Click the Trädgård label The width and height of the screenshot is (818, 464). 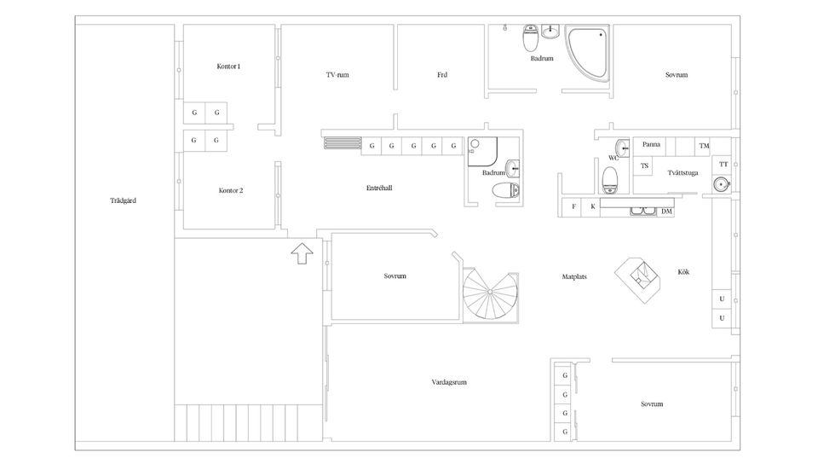(123, 200)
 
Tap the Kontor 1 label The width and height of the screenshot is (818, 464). (228, 67)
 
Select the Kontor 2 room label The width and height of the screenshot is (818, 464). (231, 190)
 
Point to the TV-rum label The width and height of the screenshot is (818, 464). (337, 75)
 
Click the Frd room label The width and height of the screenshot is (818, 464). (442, 75)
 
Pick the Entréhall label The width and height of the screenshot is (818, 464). (379, 188)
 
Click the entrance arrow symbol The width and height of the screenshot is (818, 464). (302, 253)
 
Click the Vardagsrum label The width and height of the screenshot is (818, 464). (449, 382)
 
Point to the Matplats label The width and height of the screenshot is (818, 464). (574, 276)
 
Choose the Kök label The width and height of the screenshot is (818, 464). (683, 272)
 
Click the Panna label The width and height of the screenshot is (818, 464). (651, 145)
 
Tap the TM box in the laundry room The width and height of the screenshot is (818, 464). (705, 146)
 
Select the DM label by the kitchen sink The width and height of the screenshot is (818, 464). (666, 212)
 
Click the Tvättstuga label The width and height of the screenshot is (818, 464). (683, 173)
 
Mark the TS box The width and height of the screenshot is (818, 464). (644, 166)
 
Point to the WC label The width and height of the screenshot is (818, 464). (613, 158)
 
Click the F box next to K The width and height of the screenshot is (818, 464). (573, 206)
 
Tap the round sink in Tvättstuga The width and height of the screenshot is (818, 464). (722, 184)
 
